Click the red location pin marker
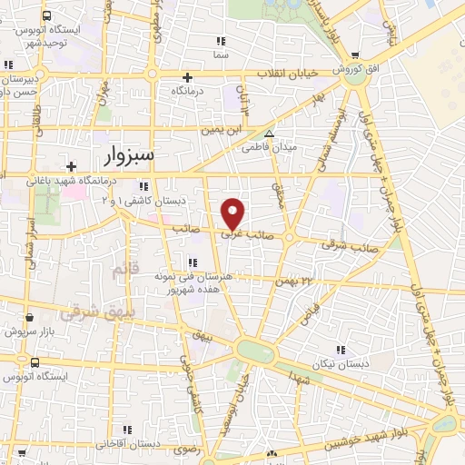(234, 214)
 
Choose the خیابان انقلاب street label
(262, 74)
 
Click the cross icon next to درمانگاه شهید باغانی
(72, 165)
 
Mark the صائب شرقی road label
(345, 244)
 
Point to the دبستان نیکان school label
(341, 362)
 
